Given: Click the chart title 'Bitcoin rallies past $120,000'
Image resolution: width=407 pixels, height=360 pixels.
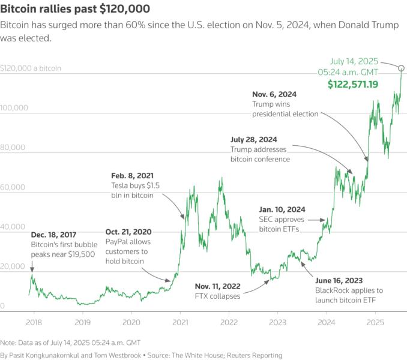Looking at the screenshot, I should point(76,10).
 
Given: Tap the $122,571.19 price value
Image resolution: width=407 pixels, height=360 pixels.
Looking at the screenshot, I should point(352,85).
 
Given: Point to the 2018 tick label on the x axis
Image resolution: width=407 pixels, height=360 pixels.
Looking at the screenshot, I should point(34,322).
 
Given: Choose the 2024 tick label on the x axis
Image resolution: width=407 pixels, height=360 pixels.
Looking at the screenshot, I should point(326,322).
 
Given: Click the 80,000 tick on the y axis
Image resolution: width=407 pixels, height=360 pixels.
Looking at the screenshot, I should point(13,148).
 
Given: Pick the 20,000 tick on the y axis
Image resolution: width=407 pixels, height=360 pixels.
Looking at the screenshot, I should point(13,266).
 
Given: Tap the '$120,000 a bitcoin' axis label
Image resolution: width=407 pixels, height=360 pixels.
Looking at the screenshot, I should point(31,68).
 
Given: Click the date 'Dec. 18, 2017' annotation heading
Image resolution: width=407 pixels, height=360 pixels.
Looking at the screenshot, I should point(53,235).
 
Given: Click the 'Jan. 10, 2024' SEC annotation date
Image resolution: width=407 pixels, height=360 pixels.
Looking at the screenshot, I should point(282,209).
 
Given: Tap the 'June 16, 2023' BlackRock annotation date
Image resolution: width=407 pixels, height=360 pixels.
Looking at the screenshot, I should point(340,280).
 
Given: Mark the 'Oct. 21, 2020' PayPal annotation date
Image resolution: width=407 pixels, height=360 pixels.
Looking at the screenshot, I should point(128,232).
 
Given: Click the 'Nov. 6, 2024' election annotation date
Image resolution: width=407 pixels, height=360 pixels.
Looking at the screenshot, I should point(274,94).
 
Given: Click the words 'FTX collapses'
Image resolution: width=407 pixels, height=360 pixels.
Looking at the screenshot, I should point(217,296).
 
